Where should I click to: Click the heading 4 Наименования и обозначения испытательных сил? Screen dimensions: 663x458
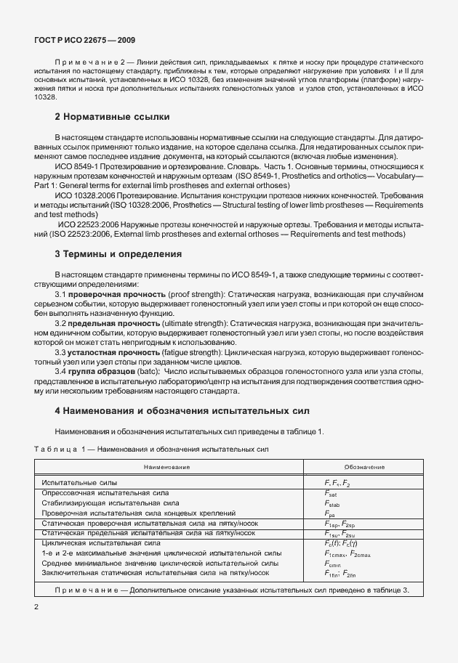click(182, 410)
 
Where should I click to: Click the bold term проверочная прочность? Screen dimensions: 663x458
click(106, 293)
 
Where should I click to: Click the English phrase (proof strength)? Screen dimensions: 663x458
click(180, 293)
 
